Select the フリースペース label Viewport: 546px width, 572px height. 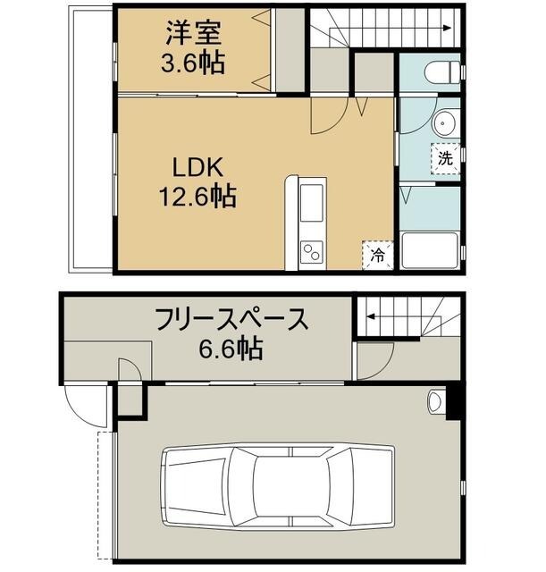(231, 319)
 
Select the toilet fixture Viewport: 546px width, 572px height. (442, 71)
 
